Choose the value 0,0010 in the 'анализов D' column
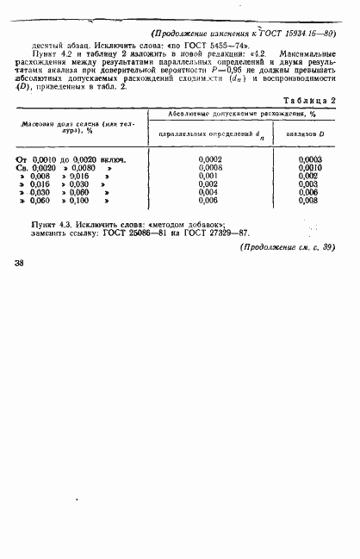[310, 168]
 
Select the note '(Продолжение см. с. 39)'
[286, 248]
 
